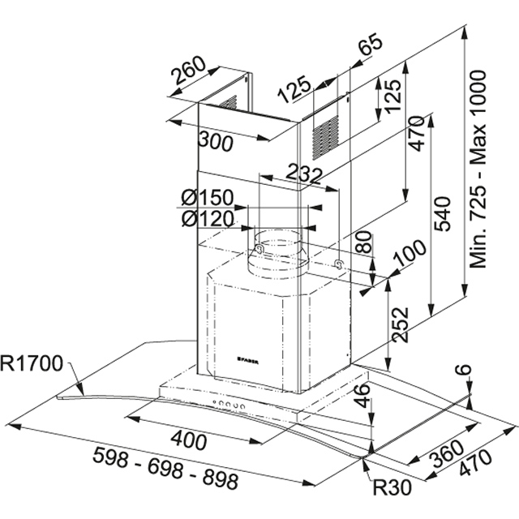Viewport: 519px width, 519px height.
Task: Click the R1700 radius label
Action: click(x=32, y=363)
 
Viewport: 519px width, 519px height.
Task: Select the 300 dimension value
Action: click(x=215, y=143)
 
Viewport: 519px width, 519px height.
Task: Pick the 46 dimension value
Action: click(x=363, y=399)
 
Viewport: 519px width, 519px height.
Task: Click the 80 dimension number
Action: click(x=365, y=242)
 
